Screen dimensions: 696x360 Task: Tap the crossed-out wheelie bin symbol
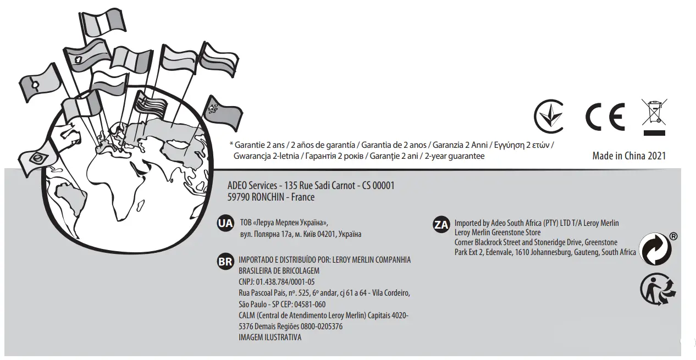pyautogui.click(x=654, y=117)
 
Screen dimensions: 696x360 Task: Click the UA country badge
pyautogui.click(x=225, y=224)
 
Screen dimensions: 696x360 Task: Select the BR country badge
pyautogui.click(x=225, y=262)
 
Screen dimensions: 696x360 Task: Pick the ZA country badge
pyautogui.click(x=441, y=225)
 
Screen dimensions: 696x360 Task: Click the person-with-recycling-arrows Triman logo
pyautogui.click(x=658, y=290)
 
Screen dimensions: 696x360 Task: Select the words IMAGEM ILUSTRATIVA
pyautogui.click(x=270, y=337)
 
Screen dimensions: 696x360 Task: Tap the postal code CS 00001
pyautogui.click(x=378, y=186)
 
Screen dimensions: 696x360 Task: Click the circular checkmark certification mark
pyautogui.click(x=550, y=117)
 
